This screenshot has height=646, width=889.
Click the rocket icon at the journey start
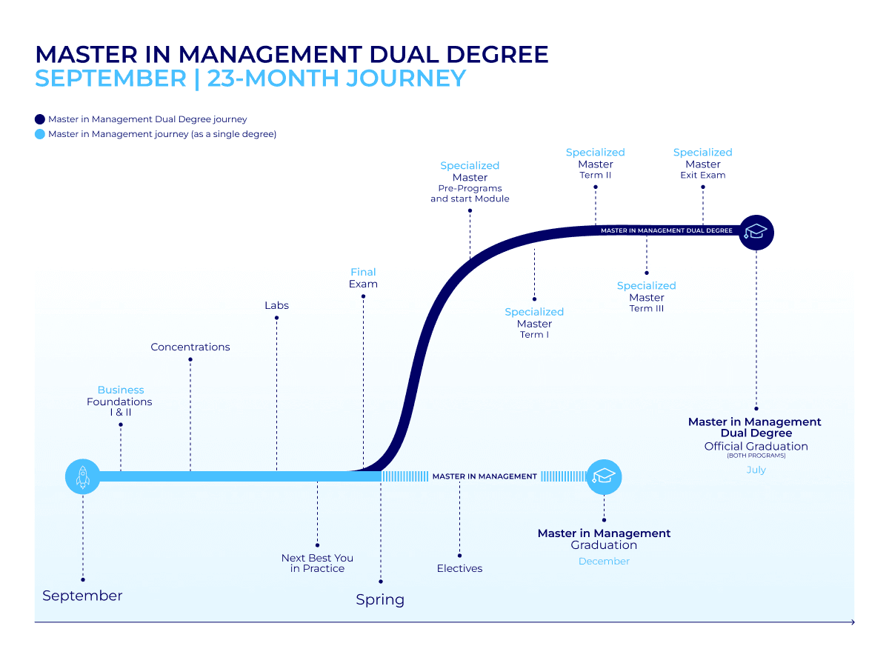[x=82, y=476]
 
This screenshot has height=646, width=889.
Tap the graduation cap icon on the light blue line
[x=604, y=476]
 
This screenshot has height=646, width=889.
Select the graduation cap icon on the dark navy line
[x=756, y=232]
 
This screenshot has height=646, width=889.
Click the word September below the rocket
[x=82, y=596]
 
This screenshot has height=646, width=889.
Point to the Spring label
[x=380, y=599]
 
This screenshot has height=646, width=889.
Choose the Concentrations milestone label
[x=190, y=347]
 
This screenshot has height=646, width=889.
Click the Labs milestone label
[x=276, y=305]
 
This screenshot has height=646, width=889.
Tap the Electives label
[x=459, y=568]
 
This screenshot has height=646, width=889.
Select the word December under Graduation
[x=604, y=561]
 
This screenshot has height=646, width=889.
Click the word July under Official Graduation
[x=756, y=470]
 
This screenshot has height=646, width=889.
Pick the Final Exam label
[x=363, y=278]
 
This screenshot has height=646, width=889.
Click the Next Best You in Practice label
[x=317, y=563]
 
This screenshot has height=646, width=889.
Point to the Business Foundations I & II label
[x=120, y=401]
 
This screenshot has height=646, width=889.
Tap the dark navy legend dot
[x=40, y=119]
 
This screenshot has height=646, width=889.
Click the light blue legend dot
[x=40, y=134]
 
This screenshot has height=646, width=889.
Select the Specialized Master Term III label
[x=646, y=296]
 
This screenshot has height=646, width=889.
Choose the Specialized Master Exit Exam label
[x=702, y=164]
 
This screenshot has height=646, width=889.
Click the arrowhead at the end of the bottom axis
[x=853, y=622]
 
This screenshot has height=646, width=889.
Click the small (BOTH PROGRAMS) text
[x=756, y=456]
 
